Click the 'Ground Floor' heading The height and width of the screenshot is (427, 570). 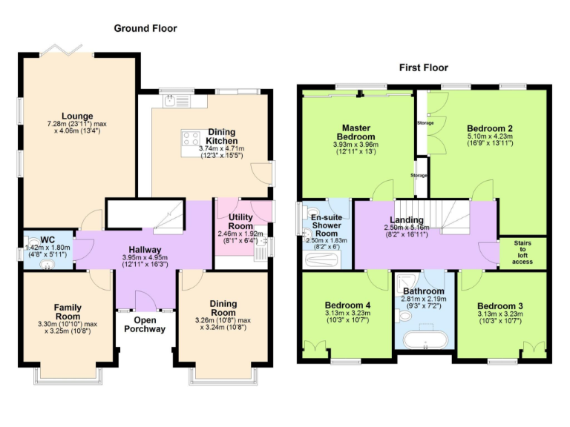coord(145,28)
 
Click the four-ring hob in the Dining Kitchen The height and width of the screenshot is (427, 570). coord(190,137)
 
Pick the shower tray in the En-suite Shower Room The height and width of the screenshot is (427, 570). coord(321,259)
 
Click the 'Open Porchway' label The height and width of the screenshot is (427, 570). coord(144,325)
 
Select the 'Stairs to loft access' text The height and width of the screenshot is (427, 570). coord(522,251)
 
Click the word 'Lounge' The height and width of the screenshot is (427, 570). coord(77,116)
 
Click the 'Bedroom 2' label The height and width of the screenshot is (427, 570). coord(490,128)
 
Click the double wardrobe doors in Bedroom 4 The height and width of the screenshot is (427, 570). coord(317,346)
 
